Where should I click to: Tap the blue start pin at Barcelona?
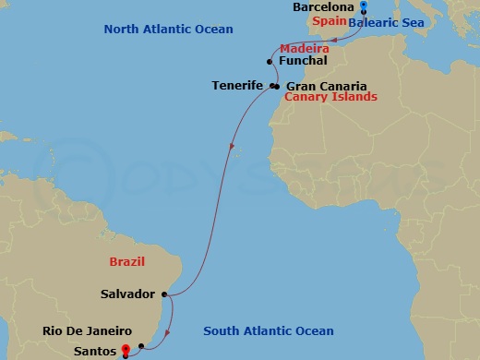click(x=364, y=8)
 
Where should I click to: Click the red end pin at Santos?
click(x=125, y=350)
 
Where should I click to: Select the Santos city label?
click(x=94, y=352)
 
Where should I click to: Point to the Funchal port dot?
click(x=269, y=62)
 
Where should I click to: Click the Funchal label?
click(x=302, y=61)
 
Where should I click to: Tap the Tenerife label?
click(x=239, y=86)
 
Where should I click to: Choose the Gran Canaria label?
click(x=319, y=86)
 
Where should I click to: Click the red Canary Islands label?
click(x=330, y=97)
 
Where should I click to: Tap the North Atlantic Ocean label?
click(x=169, y=30)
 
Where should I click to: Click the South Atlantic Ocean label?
click(x=268, y=331)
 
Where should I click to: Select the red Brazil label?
click(x=126, y=262)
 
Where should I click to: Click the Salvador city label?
click(x=127, y=294)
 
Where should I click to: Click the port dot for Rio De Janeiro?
click(x=140, y=346)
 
